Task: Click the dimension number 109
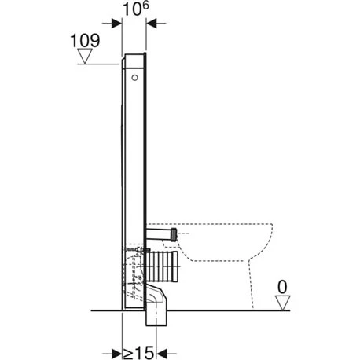pos(85,41)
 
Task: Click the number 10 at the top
pos(132,9)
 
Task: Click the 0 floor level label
pos(282,287)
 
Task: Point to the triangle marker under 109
pos(85,56)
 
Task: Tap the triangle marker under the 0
pos(282,303)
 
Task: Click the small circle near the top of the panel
pos(134,78)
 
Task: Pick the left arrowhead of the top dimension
pos(116,24)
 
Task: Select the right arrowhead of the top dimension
pos(152,24)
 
